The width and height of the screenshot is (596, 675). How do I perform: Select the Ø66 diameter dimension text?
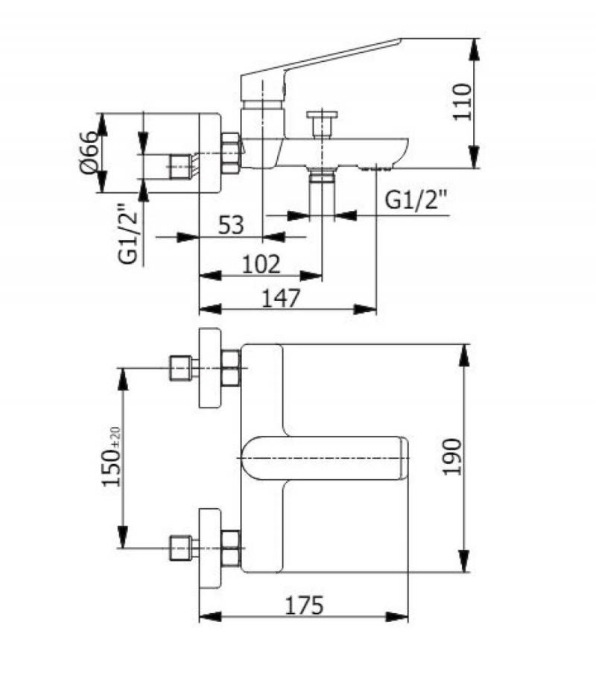pos(88,153)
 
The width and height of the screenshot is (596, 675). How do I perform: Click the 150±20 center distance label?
pos(112,457)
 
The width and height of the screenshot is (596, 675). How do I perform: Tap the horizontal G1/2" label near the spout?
pos(418,200)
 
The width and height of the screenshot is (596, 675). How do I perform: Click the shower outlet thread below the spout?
pos(322,175)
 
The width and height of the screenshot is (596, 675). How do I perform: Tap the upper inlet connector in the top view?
pos(182,368)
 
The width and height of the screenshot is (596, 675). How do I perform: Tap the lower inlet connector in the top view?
pos(182,546)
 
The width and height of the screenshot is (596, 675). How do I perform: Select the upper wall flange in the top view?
pos(209,367)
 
